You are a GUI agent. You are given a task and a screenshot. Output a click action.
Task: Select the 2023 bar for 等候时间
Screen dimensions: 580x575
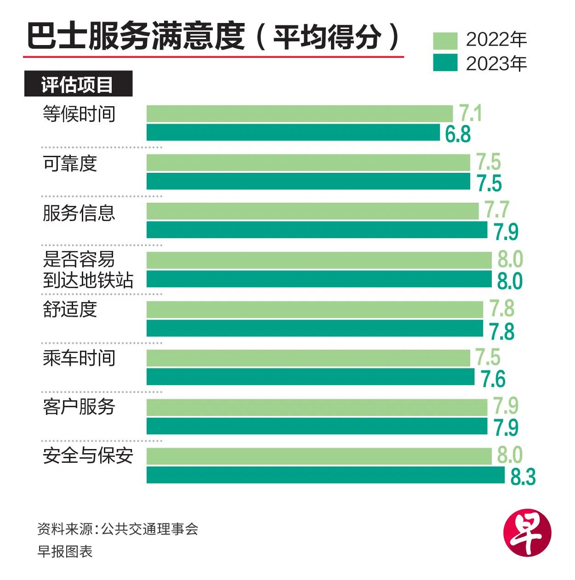point(293,132)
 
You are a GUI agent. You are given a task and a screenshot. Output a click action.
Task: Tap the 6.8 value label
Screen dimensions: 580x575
point(458,134)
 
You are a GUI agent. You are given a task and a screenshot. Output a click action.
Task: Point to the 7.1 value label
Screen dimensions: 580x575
point(470,113)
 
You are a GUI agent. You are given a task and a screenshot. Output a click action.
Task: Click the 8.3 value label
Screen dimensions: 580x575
point(523,477)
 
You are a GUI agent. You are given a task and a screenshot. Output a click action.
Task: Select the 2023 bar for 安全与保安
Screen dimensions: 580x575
point(325,475)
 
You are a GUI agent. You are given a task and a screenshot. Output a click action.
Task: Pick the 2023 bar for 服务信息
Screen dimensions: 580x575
point(317,230)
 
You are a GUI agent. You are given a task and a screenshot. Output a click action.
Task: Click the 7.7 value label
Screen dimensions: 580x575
point(497,210)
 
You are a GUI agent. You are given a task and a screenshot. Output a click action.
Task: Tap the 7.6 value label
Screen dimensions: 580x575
point(493,379)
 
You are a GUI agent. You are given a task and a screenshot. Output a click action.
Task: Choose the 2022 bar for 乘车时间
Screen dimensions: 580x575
point(308,358)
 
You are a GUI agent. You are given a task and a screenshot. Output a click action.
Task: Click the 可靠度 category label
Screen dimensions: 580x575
point(70,164)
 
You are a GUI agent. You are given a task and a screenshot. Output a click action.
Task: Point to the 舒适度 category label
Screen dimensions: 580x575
point(70,309)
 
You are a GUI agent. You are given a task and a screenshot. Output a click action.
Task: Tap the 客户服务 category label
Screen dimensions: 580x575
point(79,407)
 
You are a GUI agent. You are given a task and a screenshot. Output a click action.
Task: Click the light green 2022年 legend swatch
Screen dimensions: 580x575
point(445,40)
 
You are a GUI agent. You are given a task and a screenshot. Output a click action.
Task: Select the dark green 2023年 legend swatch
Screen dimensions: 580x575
point(445,63)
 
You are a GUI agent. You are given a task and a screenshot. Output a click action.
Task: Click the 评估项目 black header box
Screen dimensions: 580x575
point(78,84)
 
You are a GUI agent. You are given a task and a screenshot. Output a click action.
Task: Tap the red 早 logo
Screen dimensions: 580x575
point(527,533)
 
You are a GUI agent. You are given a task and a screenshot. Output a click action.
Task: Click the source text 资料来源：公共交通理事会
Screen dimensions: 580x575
point(118,529)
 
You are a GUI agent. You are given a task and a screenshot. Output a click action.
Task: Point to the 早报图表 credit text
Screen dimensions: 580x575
point(65,551)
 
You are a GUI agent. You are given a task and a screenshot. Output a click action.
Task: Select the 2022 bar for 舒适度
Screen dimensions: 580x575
point(315,309)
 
